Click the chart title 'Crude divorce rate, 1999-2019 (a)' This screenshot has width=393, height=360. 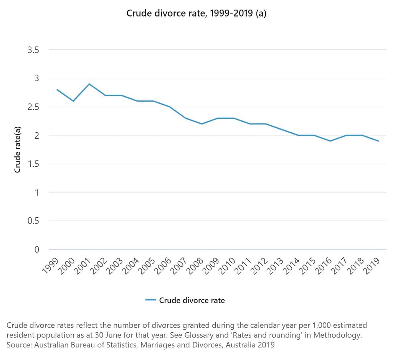coord(196,14)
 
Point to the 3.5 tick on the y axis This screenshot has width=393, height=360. coord(33,50)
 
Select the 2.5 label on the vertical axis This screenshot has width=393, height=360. coord(33,107)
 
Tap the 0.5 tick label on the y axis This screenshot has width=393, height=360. coord(33,221)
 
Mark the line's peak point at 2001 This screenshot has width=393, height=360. coord(89,84)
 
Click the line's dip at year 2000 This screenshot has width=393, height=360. coord(73,101)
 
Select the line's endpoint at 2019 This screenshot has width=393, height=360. coord(378,141)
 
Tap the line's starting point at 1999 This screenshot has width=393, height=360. coord(57,90)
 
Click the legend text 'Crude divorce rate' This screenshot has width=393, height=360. coord(192,300)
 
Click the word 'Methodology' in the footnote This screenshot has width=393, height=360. coord(342,335)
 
